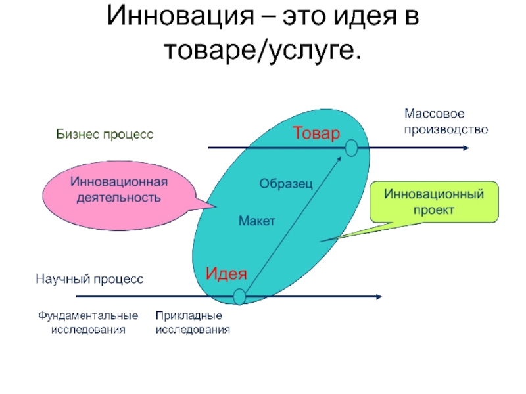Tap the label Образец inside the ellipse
click(285, 184)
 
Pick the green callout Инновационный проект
click(434, 202)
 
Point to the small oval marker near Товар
click(351, 148)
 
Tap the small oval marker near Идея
click(239, 297)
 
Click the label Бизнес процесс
click(104, 135)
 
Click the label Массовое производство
click(446, 122)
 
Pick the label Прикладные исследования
click(193, 323)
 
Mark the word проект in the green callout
click(434, 210)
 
